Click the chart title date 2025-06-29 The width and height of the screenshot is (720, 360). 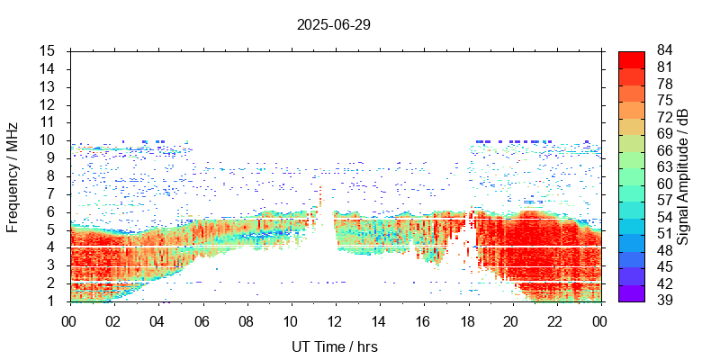pos(334,24)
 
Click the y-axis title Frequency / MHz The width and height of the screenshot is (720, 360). pos(13,175)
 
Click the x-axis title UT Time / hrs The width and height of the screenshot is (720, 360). pos(335,346)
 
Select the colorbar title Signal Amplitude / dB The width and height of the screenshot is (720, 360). pos(684,175)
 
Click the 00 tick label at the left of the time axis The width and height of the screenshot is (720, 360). pos(69,321)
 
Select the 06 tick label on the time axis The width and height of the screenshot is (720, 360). pos(202,321)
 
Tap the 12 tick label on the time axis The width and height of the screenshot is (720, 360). pos(335,321)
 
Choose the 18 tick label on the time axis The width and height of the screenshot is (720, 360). pos(468,321)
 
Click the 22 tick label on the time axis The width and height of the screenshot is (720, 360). pos(556,321)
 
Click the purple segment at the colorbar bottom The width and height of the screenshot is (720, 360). pos(632,292)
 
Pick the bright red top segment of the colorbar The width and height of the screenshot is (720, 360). pos(632,58)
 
